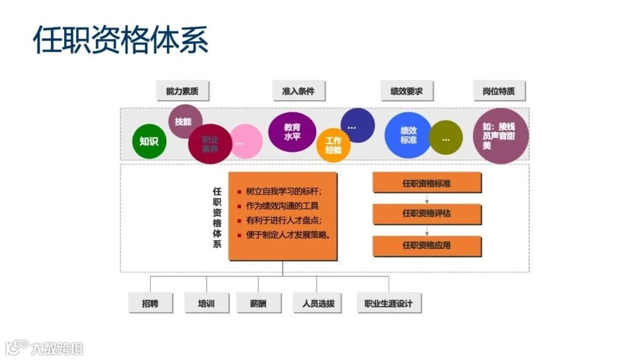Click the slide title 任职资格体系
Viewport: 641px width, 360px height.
coord(120,40)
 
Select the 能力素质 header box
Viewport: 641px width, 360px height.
coord(182,91)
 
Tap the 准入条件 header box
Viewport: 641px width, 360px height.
coord(298,91)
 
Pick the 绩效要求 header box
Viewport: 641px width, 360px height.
coord(407,91)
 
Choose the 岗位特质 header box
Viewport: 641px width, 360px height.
coord(499,91)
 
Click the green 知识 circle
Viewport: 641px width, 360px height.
coord(149,142)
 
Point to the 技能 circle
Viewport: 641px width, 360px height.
coord(183,122)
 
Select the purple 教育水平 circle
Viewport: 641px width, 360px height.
coord(292,132)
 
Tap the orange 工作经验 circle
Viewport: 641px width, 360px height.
coord(334,145)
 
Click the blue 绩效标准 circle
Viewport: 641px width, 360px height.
coord(408,135)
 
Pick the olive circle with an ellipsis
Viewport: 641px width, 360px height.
coord(446,139)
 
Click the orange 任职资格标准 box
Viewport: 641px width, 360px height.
coord(427,183)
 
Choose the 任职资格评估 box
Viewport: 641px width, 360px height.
coord(427,214)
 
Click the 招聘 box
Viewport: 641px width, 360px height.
coord(150,304)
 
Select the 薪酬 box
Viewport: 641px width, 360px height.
coord(258,304)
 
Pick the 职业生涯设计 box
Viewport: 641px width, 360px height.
coord(388,304)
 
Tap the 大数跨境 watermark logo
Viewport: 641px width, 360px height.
coord(45,347)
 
